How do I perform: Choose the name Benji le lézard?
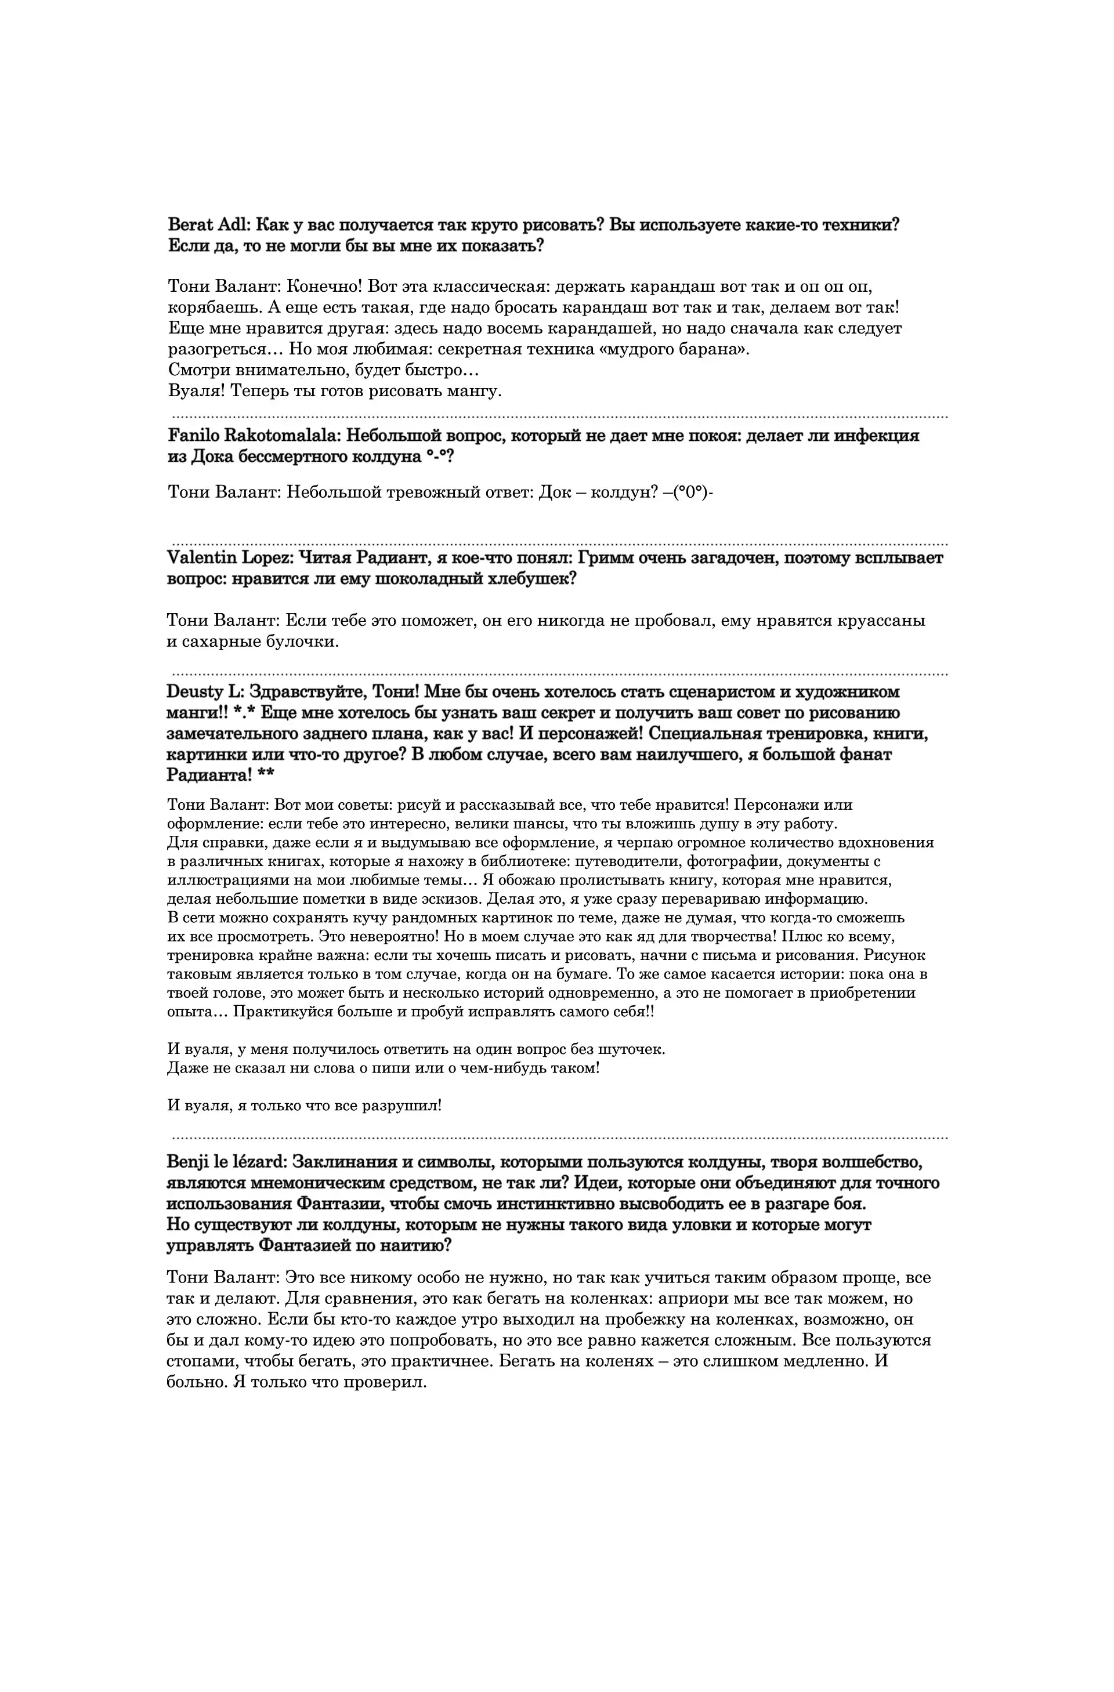[225, 1162]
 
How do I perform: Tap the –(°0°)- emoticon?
[688, 492]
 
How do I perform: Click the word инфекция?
[875, 435]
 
